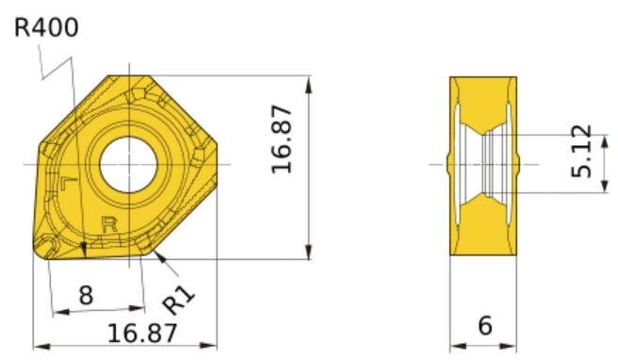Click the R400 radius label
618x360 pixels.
(46, 27)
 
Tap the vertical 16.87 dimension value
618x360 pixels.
(283, 139)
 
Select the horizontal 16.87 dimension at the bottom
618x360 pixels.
(142, 334)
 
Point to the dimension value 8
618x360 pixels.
(87, 295)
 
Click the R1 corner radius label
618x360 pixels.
(179, 300)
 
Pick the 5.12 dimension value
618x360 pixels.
(582, 151)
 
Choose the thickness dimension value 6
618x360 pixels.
(485, 326)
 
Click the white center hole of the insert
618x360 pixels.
(128, 164)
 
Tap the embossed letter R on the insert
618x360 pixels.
(109, 224)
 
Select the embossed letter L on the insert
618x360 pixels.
(69, 184)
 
